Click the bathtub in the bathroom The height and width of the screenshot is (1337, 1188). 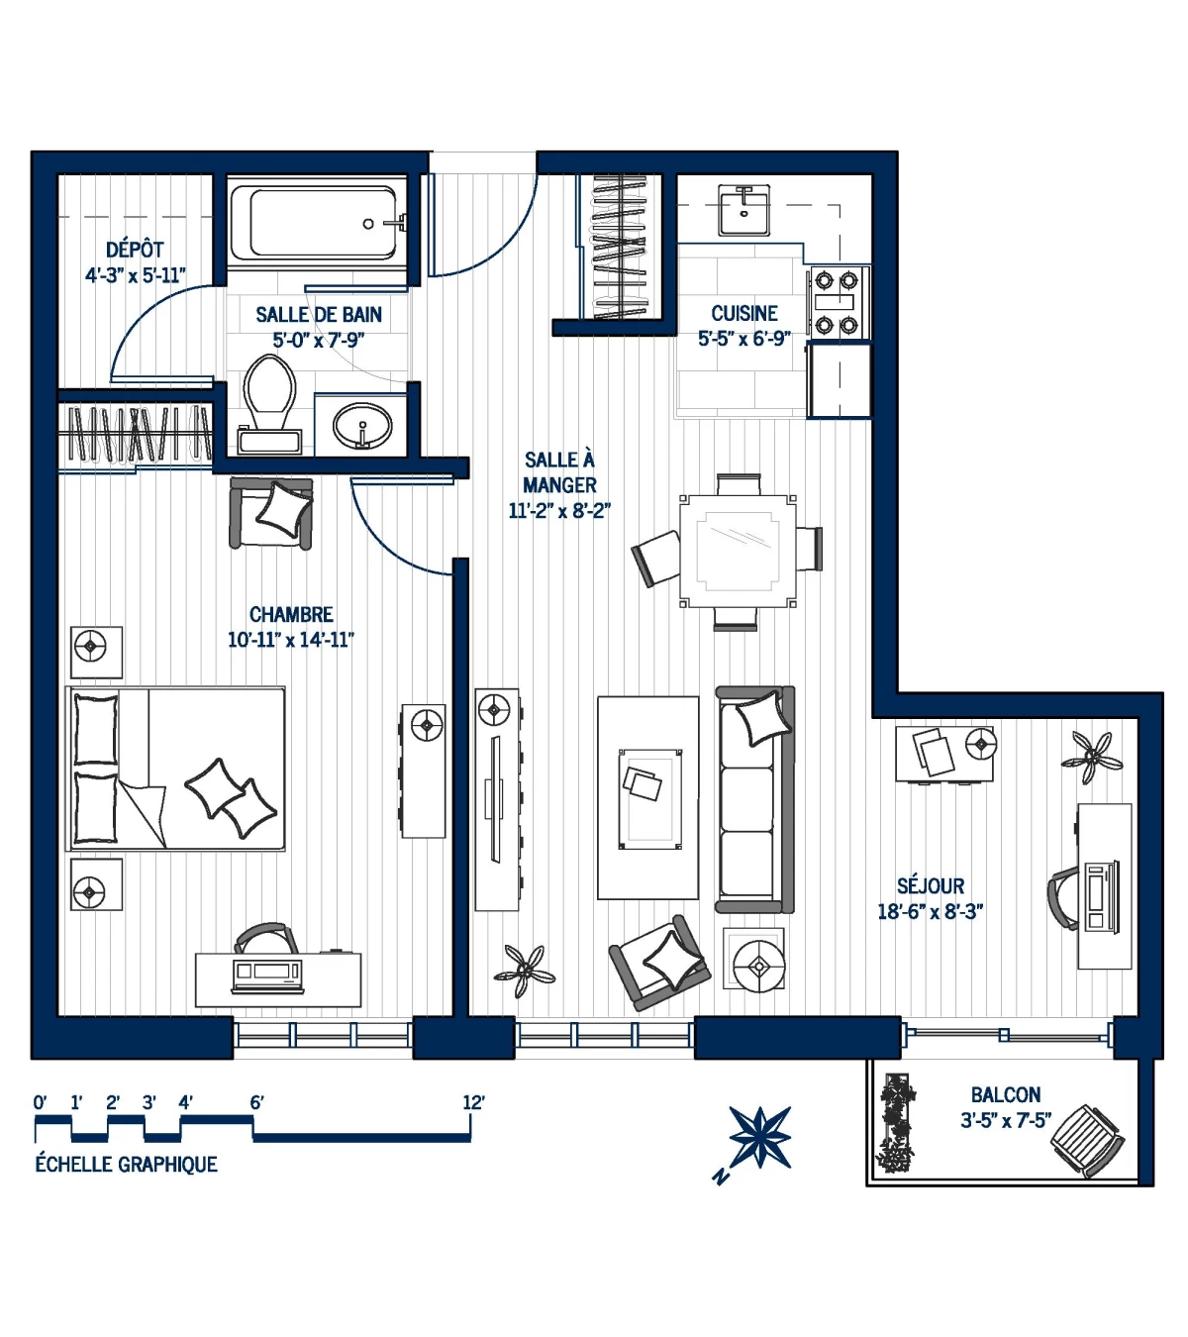pos(317,224)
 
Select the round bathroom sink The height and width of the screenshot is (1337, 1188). pos(361,427)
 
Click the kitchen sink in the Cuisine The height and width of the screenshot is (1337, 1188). pos(744,211)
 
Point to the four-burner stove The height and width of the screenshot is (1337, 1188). pos(837,303)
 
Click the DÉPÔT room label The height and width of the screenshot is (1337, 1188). pos(135,250)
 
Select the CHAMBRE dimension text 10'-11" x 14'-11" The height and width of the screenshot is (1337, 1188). pos(290,640)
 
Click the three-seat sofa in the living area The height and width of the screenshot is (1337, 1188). pos(754,800)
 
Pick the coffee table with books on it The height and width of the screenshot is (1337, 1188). pos(648,797)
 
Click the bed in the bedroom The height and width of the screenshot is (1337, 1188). pos(176,769)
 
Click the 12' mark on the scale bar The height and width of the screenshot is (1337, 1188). pos(472,1103)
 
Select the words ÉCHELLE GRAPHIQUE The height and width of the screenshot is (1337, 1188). pos(126,1165)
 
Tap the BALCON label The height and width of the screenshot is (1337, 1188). pos(1005,1094)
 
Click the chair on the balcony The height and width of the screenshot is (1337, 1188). pos(1087,1141)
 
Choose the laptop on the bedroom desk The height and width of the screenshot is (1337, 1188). pos(266,975)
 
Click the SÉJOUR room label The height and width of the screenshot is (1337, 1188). pos(930,886)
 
